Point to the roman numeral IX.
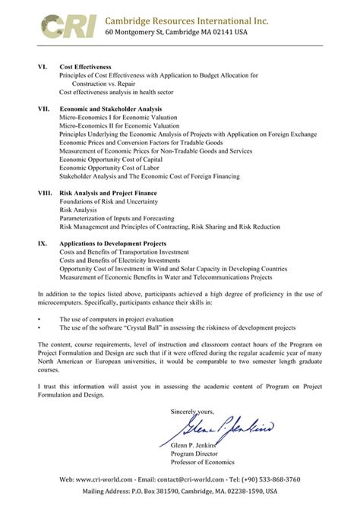coord(43,244)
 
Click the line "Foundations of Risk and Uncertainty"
coord(108,202)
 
